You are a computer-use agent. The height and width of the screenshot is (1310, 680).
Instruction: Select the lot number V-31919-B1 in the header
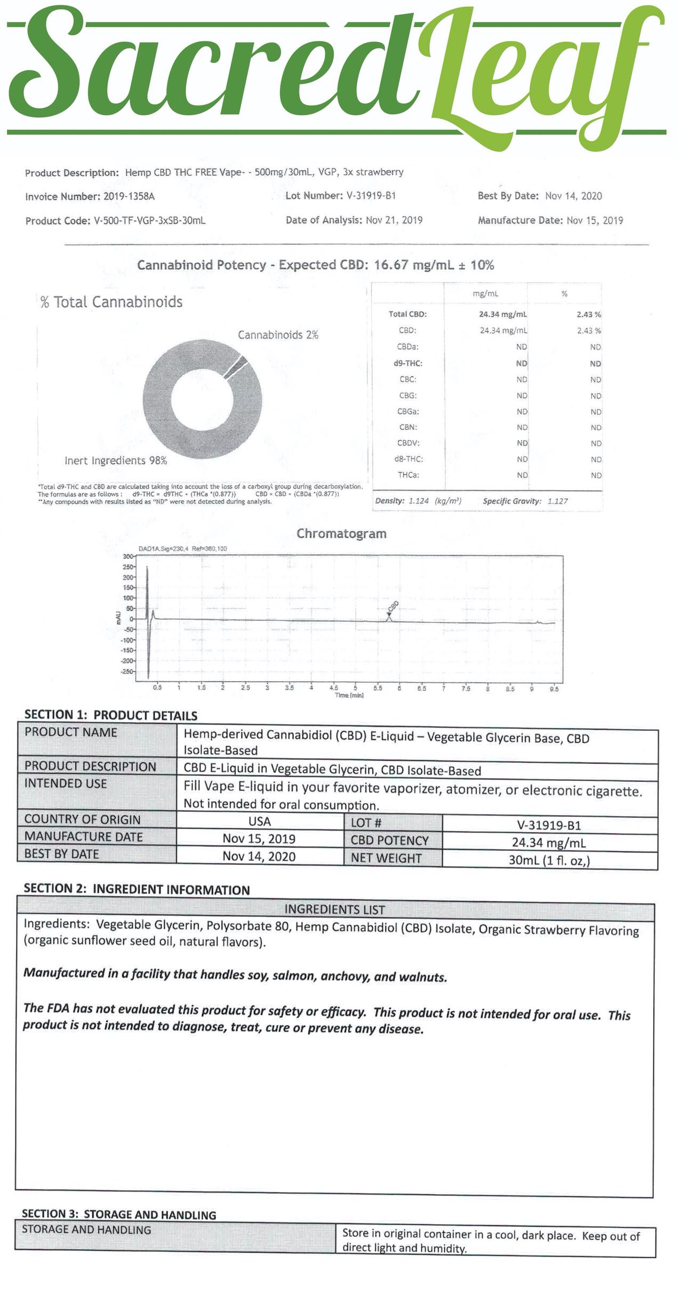point(371,196)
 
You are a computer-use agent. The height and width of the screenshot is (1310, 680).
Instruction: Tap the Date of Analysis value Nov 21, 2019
point(394,220)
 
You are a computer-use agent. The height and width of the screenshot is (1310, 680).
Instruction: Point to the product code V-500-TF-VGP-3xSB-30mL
point(149,221)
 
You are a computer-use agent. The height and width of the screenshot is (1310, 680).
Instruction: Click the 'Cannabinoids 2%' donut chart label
point(278,335)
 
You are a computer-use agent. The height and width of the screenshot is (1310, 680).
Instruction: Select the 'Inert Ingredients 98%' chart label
point(116,460)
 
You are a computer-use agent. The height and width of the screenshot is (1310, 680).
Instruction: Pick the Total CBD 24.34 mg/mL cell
point(503,314)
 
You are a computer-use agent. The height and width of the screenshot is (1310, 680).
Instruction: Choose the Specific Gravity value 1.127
point(557,501)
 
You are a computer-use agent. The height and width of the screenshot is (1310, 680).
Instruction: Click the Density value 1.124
point(418,501)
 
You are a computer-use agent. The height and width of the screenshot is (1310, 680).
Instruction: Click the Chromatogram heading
point(341,533)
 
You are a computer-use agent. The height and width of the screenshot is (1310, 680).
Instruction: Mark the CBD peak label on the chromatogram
point(394,606)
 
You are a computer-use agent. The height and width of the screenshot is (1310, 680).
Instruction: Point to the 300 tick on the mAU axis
point(127,557)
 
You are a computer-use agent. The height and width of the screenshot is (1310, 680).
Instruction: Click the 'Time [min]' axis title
point(349,695)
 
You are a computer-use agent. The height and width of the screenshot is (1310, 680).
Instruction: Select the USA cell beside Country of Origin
point(260,821)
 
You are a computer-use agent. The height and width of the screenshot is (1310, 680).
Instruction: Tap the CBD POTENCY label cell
point(389,841)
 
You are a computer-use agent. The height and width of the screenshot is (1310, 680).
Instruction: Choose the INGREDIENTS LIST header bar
point(334,909)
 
